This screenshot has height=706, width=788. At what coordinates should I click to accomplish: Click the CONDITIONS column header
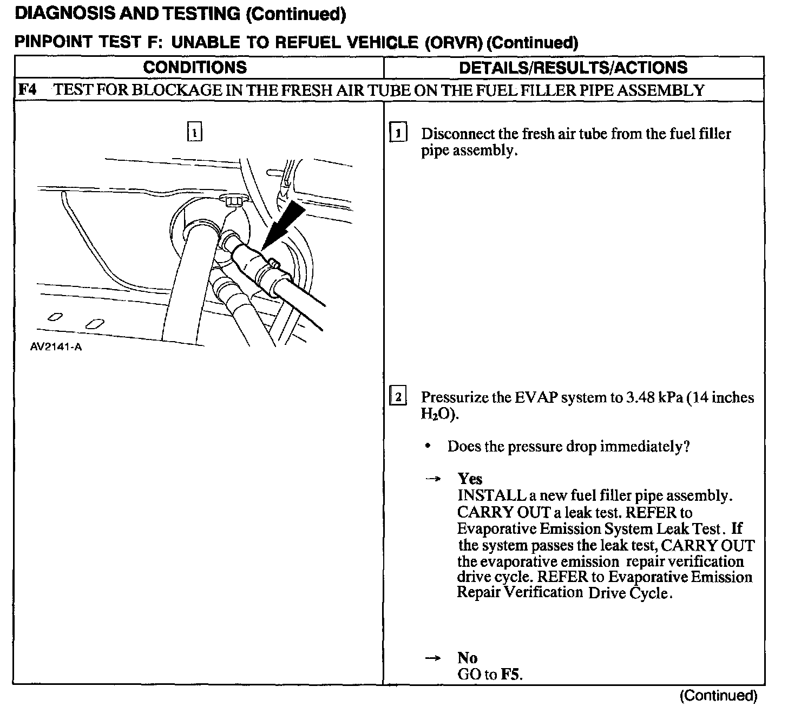click(195, 68)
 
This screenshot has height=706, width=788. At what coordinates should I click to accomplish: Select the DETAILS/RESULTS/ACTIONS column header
click(573, 68)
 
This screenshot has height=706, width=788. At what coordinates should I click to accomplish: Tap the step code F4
click(28, 90)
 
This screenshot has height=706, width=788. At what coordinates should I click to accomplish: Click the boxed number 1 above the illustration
click(194, 132)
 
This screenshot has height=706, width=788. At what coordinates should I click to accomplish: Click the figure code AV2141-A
click(56, 347)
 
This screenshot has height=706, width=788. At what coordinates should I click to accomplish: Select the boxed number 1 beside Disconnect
click(398, 133)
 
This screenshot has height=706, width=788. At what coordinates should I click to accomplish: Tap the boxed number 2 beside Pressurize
click(398, 398)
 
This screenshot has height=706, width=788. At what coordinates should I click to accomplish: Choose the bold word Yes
click(470, 479)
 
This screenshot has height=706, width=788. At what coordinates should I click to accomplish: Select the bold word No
click(468, 658)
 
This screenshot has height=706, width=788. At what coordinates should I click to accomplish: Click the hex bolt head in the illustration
click(233, 201)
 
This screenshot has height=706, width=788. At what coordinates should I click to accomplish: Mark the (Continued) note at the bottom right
click(718, 696)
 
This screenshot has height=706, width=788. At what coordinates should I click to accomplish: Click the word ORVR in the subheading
click(454, 43)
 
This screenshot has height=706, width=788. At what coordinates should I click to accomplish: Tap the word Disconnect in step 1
click(456, 134)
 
